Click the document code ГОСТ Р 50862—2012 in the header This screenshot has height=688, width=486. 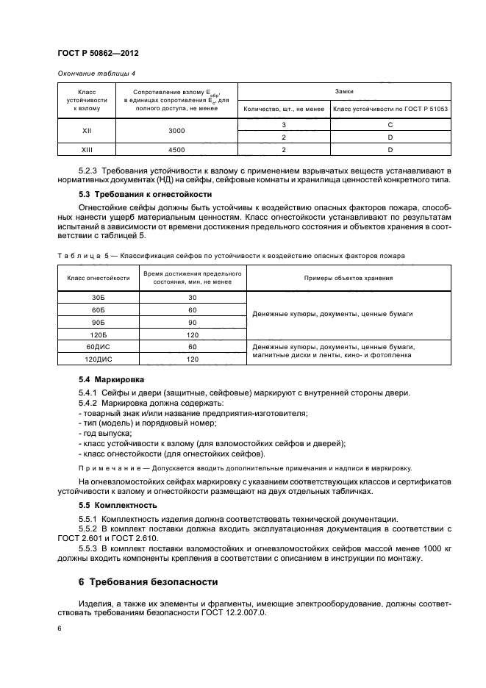[98, 54]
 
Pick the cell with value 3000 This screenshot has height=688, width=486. [176, 129]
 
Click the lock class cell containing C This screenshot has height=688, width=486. [390, 125]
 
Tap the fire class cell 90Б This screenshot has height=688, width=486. [98, 323]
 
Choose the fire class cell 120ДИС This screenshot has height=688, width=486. [98, 359]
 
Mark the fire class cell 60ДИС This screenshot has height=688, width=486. [98, 346]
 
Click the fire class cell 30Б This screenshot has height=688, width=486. [98, 297]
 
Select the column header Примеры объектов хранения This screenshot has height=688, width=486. [349, 278]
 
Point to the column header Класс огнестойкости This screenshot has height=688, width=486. [98, 278]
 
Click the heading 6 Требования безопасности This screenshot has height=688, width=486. [148, 581]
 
